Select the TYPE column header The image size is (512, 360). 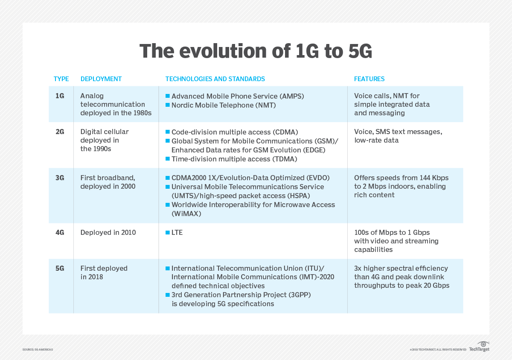pyautogui.click(x=61, y=79)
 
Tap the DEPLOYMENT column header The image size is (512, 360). pyautogui.click(x=101, y=79)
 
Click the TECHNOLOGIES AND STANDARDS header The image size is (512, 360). pyautogui.click(x=215, y=79)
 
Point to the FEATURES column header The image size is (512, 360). pyautogui.click(x=369, y=79)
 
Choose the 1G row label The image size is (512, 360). pyautogui.click(x=60, y=96)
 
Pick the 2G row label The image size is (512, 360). pyautogui.click(x=60, y=132)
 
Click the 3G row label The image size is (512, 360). pyautogui.click(x=60, y=178)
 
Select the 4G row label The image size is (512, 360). pyautogui.click(x=60, y=233)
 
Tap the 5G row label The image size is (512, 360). pyautogui.click(x=60, y=269)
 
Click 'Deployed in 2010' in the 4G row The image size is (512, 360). pyautogui.click(x=108, y=233)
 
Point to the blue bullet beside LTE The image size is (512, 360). pyautogui.click(x=168, y=233)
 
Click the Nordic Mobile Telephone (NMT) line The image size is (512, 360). pyautogui.click(x=224, y=105)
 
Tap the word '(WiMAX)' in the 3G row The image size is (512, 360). pyautogui.click(x=186, y=214)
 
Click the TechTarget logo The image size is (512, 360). pyautogui.click(x=479, y=347)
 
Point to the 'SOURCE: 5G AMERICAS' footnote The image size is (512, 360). pyautogui.click(x=38, y=350)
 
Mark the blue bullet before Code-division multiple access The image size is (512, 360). pyautogui.click(x=168, y=132)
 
